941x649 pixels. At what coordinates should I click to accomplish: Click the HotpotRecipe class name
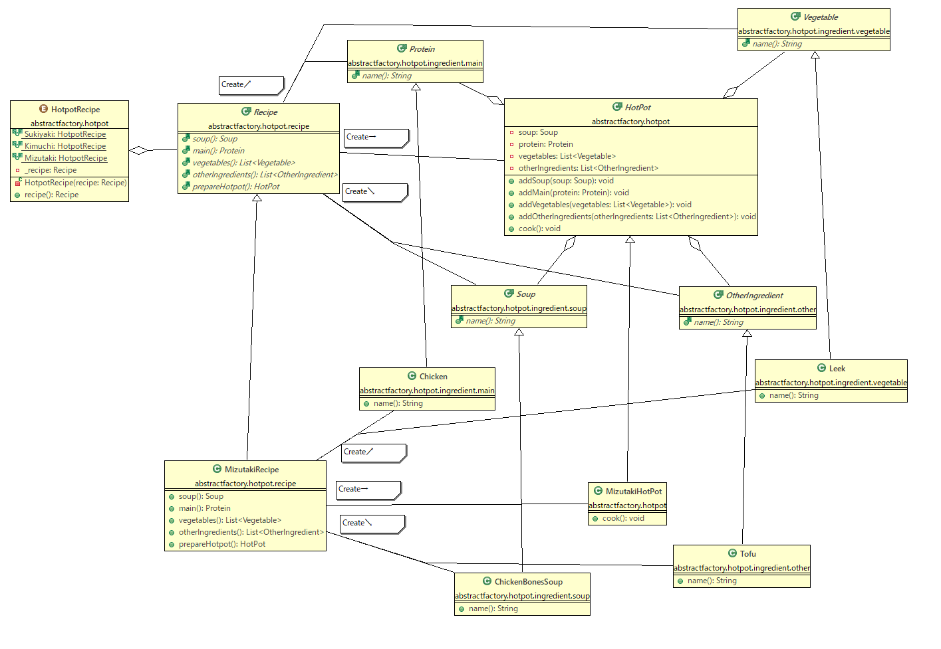pos(76,110)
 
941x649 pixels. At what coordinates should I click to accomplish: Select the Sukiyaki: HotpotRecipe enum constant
pos(65,134)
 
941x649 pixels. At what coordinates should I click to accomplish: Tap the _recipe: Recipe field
pos(51,170)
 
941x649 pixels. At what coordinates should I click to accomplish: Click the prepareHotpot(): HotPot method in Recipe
pos(235,186)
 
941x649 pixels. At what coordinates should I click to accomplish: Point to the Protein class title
pos(422,49)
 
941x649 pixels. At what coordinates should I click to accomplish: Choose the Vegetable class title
pos(821,17)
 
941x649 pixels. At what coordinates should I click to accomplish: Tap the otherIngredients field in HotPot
pos(588,168)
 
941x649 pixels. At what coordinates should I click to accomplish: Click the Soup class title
pos(525,294)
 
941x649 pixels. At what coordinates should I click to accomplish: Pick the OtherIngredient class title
pos(754,296)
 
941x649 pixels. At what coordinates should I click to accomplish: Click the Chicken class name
pos(433,376)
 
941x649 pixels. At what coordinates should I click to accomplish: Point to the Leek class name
pos(837,368)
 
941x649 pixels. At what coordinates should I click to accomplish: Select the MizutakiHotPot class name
pos(634,492)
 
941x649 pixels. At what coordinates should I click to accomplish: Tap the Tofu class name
pos(747,554)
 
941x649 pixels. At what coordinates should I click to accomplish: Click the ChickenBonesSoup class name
pos(529,582)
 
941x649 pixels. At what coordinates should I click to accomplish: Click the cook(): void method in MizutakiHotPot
pos(623,518)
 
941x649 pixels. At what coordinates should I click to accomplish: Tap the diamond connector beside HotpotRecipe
pos(138,150)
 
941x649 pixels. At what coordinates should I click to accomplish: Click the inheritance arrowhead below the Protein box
pos(416,87)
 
